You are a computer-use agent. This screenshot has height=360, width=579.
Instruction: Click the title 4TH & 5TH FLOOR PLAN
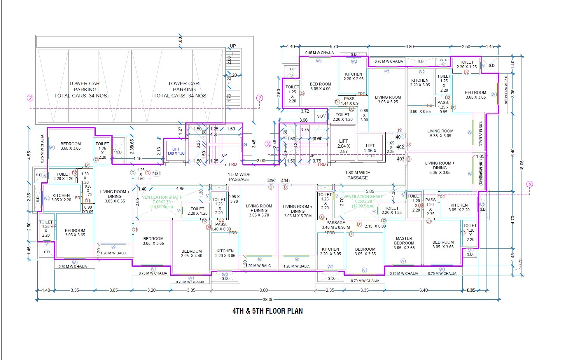[267, 311]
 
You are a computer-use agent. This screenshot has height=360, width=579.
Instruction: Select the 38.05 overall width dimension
[268, 300]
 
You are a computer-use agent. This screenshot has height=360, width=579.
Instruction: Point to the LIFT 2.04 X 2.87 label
[343, 146]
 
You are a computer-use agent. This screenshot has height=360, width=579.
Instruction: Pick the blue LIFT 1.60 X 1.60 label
[176, 151]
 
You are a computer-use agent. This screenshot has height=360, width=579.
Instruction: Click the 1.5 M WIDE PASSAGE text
[239, 177]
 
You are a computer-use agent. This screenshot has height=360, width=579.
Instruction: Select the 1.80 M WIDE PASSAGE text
[358, 175]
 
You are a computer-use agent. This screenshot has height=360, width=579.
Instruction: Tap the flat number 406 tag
[156, 174]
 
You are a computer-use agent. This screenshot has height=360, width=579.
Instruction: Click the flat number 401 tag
[399, 137]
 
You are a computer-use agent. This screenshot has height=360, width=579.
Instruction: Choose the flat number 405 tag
[271, 181]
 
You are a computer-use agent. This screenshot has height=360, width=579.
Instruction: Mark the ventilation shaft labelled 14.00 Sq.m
[162, 202]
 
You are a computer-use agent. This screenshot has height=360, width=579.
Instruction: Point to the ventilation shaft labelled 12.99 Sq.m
[363, 201]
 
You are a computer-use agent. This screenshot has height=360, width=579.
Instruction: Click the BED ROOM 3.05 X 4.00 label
[320, 86]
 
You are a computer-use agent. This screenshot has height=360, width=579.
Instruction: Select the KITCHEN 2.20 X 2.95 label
[354, 76]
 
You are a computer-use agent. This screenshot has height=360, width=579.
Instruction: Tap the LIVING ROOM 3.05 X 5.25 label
[388, 99]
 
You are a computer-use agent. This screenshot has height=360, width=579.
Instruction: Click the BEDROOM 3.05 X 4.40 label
[191, 253]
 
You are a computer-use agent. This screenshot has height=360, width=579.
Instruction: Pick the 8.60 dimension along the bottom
[263, 290]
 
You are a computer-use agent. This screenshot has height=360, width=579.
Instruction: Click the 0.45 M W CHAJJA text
[319, 53]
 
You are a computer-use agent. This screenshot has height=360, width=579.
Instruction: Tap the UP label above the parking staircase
[233, 46]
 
